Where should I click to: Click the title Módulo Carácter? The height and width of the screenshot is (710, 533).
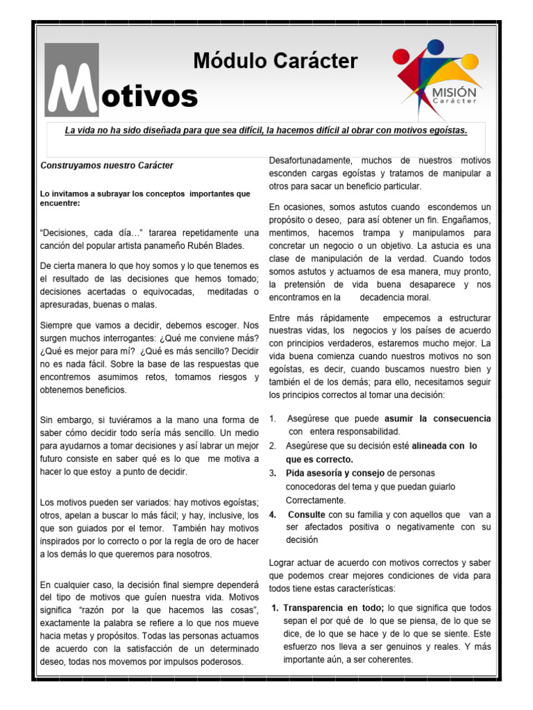click(275, 62)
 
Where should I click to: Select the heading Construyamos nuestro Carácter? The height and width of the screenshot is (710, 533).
click(107, 166)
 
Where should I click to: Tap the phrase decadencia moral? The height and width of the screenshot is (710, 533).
click(396, 297)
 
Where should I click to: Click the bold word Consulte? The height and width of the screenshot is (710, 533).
click(307, 514)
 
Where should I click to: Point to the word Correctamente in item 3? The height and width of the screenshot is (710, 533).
click(316, 500)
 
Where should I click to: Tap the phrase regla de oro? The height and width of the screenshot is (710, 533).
click(194, 542)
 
